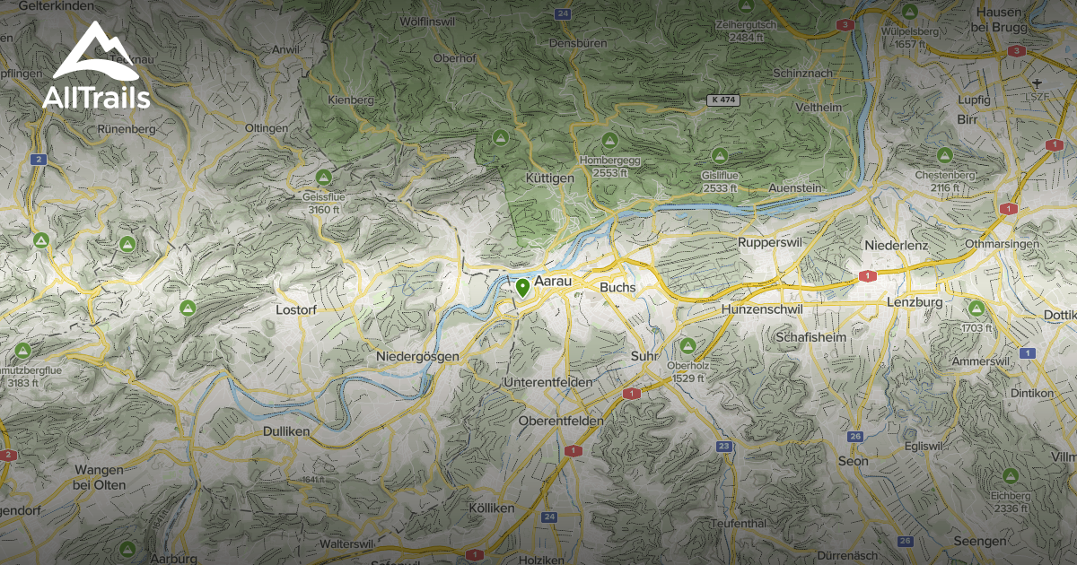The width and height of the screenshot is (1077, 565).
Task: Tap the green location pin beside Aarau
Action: click(x=522, y=288)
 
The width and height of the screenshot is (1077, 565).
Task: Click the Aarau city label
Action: click(x=554, y=282)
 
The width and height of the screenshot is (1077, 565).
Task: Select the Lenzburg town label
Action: click(x=914, y=302)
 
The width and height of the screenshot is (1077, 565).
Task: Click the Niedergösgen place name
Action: click(x=417, y=356)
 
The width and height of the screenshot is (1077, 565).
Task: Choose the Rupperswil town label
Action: click(x=767, y=243)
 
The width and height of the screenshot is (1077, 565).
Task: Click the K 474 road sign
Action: click(x=722, y=100)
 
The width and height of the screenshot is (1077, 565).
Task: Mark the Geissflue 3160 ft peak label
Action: click(x=322, y=203)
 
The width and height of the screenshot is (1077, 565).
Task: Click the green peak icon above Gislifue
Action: click(x=718, y=155)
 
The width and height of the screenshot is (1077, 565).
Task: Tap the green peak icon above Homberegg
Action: click(x=609, y=141)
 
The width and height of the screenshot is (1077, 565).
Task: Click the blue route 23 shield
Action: click(x=723, y=446)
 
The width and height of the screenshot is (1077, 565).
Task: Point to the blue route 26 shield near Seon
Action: click(x=855, y=437)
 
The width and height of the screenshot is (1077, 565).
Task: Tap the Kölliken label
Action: click(x=492, y=508)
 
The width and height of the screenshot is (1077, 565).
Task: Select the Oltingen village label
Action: click(x=267, y=128)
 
